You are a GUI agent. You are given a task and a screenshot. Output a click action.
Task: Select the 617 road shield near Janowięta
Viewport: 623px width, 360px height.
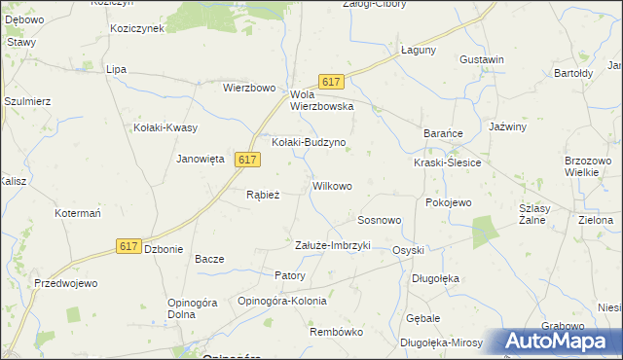click(246, 160)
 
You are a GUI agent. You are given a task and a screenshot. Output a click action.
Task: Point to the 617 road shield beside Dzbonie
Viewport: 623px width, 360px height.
click(128, 247)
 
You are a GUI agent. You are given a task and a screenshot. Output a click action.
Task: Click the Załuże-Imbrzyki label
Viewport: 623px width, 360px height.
click(333, 245)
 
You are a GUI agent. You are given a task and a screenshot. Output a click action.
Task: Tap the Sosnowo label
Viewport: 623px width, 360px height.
click(380, 221)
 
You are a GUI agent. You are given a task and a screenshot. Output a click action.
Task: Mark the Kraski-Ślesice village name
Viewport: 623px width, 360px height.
click(447, 162)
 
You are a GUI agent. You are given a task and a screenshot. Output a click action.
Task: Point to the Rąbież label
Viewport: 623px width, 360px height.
click(263, 195)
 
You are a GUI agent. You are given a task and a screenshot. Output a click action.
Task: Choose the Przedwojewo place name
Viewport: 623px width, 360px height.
click(66, 284)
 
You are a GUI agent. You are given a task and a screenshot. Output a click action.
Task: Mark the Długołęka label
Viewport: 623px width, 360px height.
click(435, 278)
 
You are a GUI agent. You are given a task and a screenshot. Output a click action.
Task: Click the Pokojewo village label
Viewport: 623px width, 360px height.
click(448, 202)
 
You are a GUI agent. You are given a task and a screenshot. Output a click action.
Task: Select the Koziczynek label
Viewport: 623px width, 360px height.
click(137, 28)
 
